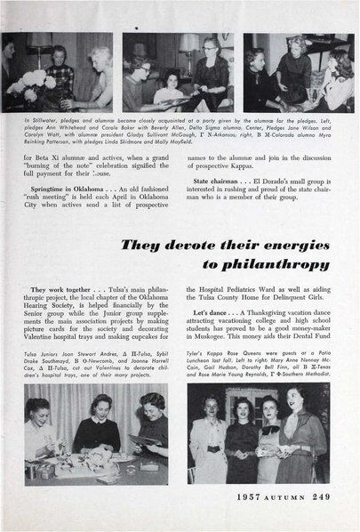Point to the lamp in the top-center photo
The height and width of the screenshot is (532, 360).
188,46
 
